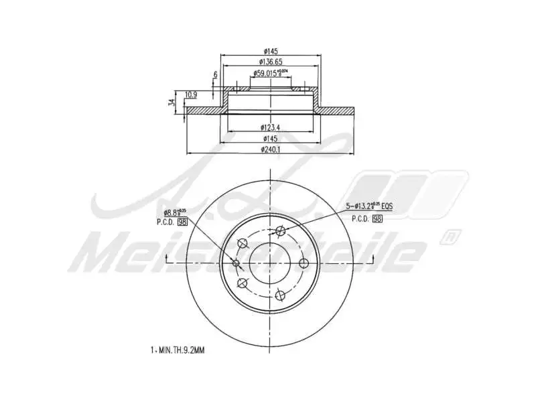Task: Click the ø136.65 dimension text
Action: [271, 62]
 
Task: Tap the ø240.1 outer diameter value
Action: [271, 149]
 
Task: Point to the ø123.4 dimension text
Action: [271, 127]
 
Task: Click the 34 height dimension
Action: [172, 103]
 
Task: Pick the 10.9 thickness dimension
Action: [190, 94]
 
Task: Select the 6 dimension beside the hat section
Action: [215, 74]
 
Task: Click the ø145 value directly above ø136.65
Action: [271, 51]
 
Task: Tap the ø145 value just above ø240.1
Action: [271, 139]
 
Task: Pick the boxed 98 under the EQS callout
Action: [377, 218]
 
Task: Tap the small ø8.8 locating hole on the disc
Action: [236, 262]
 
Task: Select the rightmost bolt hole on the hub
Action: [303, 262]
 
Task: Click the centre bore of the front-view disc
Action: [271, 262]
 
